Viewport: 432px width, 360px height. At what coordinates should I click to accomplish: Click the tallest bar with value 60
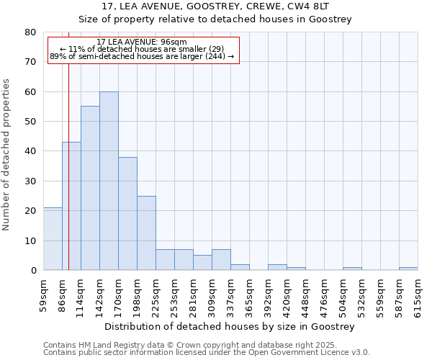click(x=109, y=181)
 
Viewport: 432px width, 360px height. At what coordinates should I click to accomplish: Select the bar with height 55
click(x=90, y=188)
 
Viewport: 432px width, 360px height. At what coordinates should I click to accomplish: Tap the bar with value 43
click(x=71, y=206)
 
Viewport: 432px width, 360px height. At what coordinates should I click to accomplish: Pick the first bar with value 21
click(x=53, y=238)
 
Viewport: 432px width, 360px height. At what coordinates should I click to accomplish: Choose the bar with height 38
click(x=127, y=213)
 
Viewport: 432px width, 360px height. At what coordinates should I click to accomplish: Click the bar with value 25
click(x=146, y=233)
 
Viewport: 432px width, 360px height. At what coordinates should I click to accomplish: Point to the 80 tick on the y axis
click(x=30, y=32)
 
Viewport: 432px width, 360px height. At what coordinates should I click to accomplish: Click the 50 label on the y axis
click(x=30, y=122)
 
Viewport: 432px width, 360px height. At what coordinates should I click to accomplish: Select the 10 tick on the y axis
click(x=30, y=240)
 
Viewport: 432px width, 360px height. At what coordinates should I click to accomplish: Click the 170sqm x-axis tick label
click(x=119, y=294)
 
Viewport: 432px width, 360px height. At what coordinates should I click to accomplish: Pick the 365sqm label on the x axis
click(x=250, y=294)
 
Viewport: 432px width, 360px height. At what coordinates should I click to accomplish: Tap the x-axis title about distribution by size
click(x=230, y=327)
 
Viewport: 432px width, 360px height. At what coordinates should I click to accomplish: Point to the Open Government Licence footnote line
click(x=206, y=353)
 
